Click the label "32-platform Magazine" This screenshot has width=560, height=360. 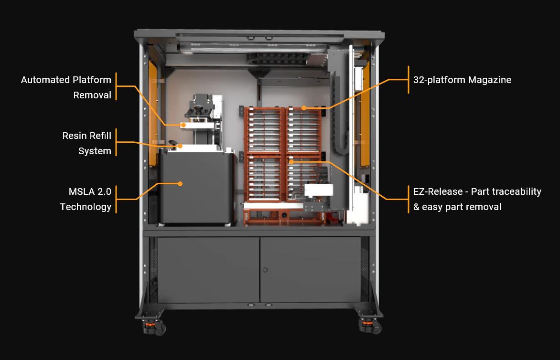tap(462, 80)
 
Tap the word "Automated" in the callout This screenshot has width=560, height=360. tap(45, 80)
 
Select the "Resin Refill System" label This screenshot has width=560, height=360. tap(86, 143)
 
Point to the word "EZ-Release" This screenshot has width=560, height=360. tap(439, 191)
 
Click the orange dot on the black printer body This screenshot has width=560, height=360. tap(180, 183)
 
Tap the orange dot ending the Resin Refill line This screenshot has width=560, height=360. tap(180, 146)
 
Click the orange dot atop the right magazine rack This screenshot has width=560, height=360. tap(304, 108)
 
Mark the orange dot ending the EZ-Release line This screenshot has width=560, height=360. tap(291, 162)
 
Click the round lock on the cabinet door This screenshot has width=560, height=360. tap(265, 270)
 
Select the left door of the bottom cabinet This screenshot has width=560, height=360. tap(208, 270)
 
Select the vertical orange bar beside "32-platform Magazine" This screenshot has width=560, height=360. tap(409, 80)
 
